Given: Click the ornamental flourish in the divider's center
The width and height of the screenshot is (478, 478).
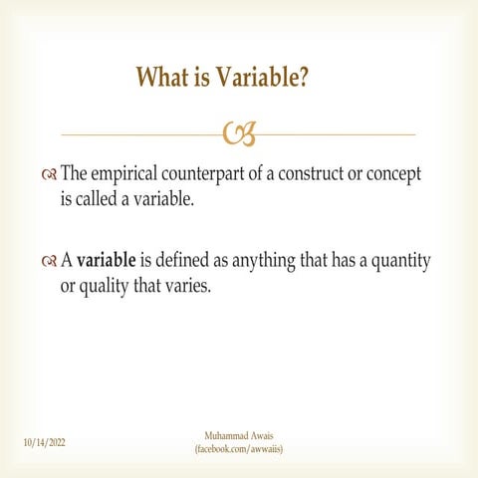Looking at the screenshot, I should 239,133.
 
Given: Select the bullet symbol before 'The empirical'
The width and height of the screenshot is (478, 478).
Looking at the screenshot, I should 50,175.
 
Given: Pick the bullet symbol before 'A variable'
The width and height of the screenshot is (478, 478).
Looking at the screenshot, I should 50,262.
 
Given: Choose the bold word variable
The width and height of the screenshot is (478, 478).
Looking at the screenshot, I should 107,261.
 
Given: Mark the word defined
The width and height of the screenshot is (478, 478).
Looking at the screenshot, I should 186,261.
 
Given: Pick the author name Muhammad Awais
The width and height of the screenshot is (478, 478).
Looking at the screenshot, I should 239,436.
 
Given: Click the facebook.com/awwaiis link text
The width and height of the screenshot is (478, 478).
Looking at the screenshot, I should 239,449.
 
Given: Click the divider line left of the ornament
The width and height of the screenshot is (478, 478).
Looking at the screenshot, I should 139,134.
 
